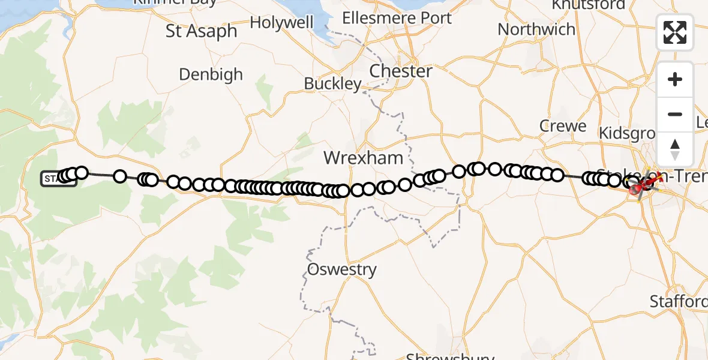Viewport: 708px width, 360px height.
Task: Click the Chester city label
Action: [401, 71]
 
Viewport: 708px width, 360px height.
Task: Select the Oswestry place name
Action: [342, 269]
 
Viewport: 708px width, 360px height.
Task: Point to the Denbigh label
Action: [211, 74]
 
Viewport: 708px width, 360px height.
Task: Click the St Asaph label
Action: [202, 31]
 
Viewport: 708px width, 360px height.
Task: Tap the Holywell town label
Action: [281, 23]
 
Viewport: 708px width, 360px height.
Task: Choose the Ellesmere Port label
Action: [397, 18]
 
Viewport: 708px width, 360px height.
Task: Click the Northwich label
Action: [536, 29]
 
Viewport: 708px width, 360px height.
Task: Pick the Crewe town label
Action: [563, 126]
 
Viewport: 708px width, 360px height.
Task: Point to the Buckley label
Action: [333, 83]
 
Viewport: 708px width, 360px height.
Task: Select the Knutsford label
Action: [581, 5]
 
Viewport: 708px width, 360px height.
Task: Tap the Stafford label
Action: [679, 301]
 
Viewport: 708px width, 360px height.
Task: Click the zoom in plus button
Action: [675, 79]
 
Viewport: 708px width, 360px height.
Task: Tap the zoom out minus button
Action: [675, 114]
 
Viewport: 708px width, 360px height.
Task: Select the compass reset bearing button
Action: [675, 149]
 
